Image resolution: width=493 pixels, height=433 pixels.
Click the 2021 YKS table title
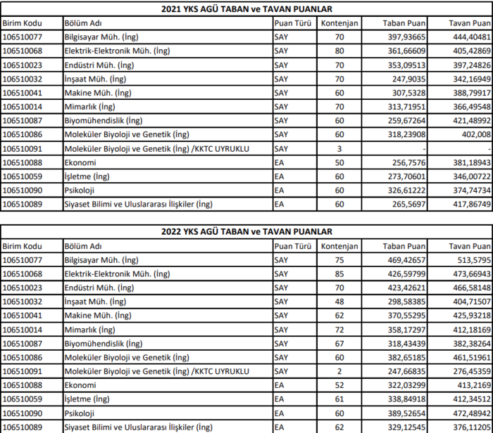(246, 9)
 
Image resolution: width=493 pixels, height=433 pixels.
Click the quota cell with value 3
(339, 148)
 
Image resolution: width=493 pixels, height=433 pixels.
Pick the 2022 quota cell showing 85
(339, 273)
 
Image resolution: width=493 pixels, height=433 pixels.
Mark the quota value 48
(339, 302)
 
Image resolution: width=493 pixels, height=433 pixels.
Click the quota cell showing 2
(339, 371)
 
